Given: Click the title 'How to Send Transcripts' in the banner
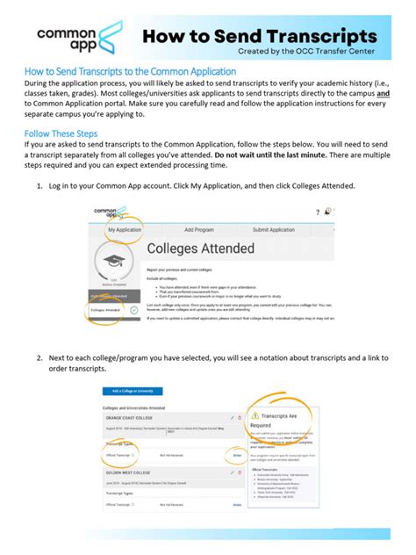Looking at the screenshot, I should pyautogui.click(x=261, y=37).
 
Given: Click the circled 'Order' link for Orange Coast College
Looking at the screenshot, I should pyautogui.click(x=237, y=455).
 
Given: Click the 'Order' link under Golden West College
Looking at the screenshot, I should pyautogui.click(x=237, y=505).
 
